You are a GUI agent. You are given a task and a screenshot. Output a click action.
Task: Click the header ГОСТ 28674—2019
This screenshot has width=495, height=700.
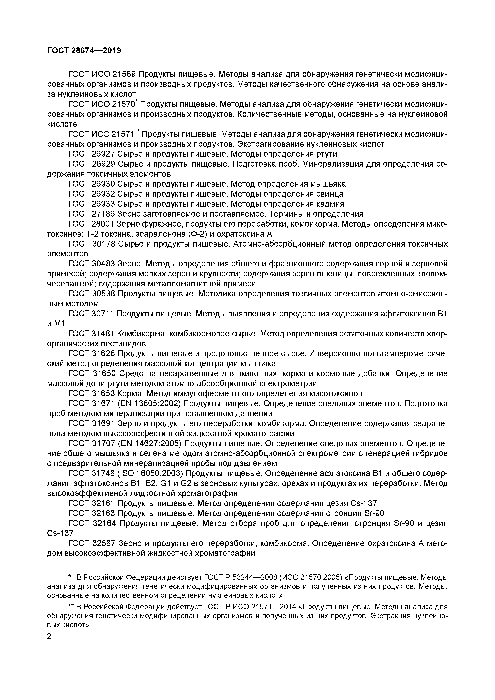click(x=84, y=51)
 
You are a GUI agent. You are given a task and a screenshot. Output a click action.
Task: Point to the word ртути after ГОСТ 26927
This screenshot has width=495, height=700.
click(x=325, y=154)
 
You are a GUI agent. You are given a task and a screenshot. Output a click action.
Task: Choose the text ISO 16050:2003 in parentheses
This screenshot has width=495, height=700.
click(x=151, y=473)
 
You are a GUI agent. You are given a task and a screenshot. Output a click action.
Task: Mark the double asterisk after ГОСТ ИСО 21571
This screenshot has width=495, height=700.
click(x=137, y=131)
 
